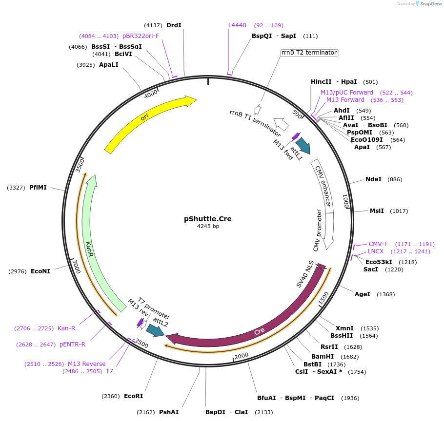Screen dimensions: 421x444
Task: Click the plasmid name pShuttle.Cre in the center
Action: pyautogui.click(x=208, y=219)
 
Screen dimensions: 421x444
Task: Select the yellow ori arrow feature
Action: pyautogui.click(x=146, y=122)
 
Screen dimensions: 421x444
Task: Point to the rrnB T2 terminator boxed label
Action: pyautogui.click(x=309, y=53)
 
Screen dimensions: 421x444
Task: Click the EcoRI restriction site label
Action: pyautogui.click(x=134, y=396)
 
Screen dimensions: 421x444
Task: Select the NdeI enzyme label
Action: pyautogui.click(x=373, y=179)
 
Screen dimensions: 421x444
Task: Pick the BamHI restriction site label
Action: pyautogui.click(x=322, y=357)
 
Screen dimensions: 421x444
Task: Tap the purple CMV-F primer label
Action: pyautogui.click(x=378, y=244)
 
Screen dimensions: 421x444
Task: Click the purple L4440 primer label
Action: pyautogui.click(x=238, y=25)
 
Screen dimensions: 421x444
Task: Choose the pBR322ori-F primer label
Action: pyautogui.click(x=141, y=36)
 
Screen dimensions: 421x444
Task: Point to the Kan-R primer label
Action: pyautogui.click(x=66, y=328)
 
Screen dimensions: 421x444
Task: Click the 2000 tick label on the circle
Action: pyautogui.click(x=242, y=356)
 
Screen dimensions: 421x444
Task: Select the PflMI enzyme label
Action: pyautogui.click(x=38, y=187)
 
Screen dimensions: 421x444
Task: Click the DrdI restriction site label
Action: pyautogui.click(x=174, y=25)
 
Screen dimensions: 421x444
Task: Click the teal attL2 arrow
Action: pyautogui.click(x=156, y=330)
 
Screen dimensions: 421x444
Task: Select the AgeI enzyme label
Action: pyautogui.click(x=363, y=294)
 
